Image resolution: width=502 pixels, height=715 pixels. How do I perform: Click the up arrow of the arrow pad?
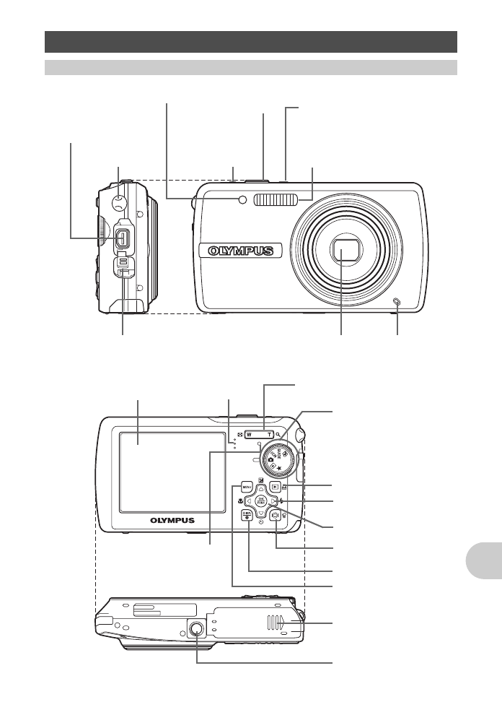coord(261,488)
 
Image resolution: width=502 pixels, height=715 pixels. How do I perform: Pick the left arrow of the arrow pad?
coord(248,500)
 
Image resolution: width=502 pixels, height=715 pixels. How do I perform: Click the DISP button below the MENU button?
coord(247,514)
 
